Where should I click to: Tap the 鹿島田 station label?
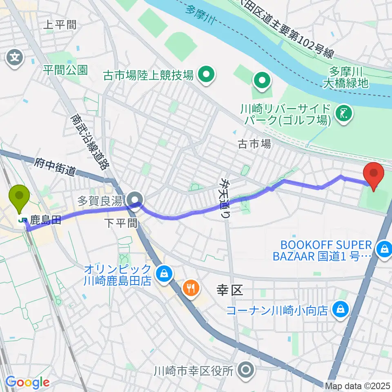click(x=45, y=220)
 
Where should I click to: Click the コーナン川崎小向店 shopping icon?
click(x=340, y=310)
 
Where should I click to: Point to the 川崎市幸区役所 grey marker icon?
click(x=246, y=371)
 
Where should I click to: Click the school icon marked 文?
click(x=15, y=56)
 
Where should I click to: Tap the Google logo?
click(x=27, y=383)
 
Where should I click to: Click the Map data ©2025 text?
click(x=358, y=385)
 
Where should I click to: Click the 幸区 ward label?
click(x=229, y=290)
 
